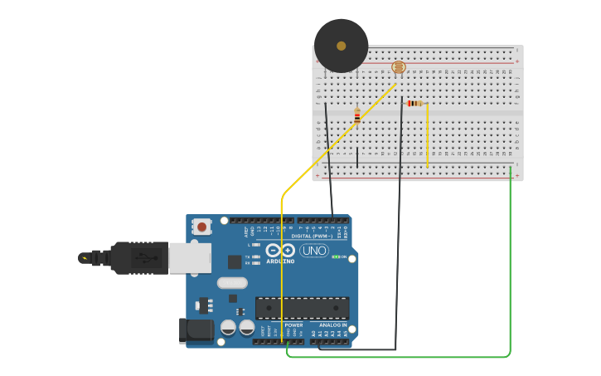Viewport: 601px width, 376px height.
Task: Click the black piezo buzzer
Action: coord(341,46)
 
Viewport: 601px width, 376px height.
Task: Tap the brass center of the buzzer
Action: coord(341,46)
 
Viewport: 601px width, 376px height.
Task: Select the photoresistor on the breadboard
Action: coord(399,66)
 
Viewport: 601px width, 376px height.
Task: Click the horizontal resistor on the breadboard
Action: coord(414,103)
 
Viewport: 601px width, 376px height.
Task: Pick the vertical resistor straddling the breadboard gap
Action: coord(357,115)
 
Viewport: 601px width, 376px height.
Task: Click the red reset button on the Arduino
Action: coord(201,226)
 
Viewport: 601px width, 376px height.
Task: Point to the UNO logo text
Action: coord(314,250)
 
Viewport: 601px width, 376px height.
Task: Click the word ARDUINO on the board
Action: coord(280,261)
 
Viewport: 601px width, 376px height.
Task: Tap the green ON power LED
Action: coord(335,256)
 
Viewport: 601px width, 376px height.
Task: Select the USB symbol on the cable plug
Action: coord(145,257)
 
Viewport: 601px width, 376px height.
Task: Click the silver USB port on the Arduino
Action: coord(190,257)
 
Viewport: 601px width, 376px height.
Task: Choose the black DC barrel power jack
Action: coord(196,330)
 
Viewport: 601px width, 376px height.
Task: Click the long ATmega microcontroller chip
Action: coord(302,308)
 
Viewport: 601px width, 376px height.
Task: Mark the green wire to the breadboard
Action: coord(510,266)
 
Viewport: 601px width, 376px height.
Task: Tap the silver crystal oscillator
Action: coord(232,282)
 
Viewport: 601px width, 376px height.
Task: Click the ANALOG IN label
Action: coord(333,325)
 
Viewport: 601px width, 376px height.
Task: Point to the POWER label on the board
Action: coord(293,325)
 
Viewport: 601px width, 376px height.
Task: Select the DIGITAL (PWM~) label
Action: coord(313,236)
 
